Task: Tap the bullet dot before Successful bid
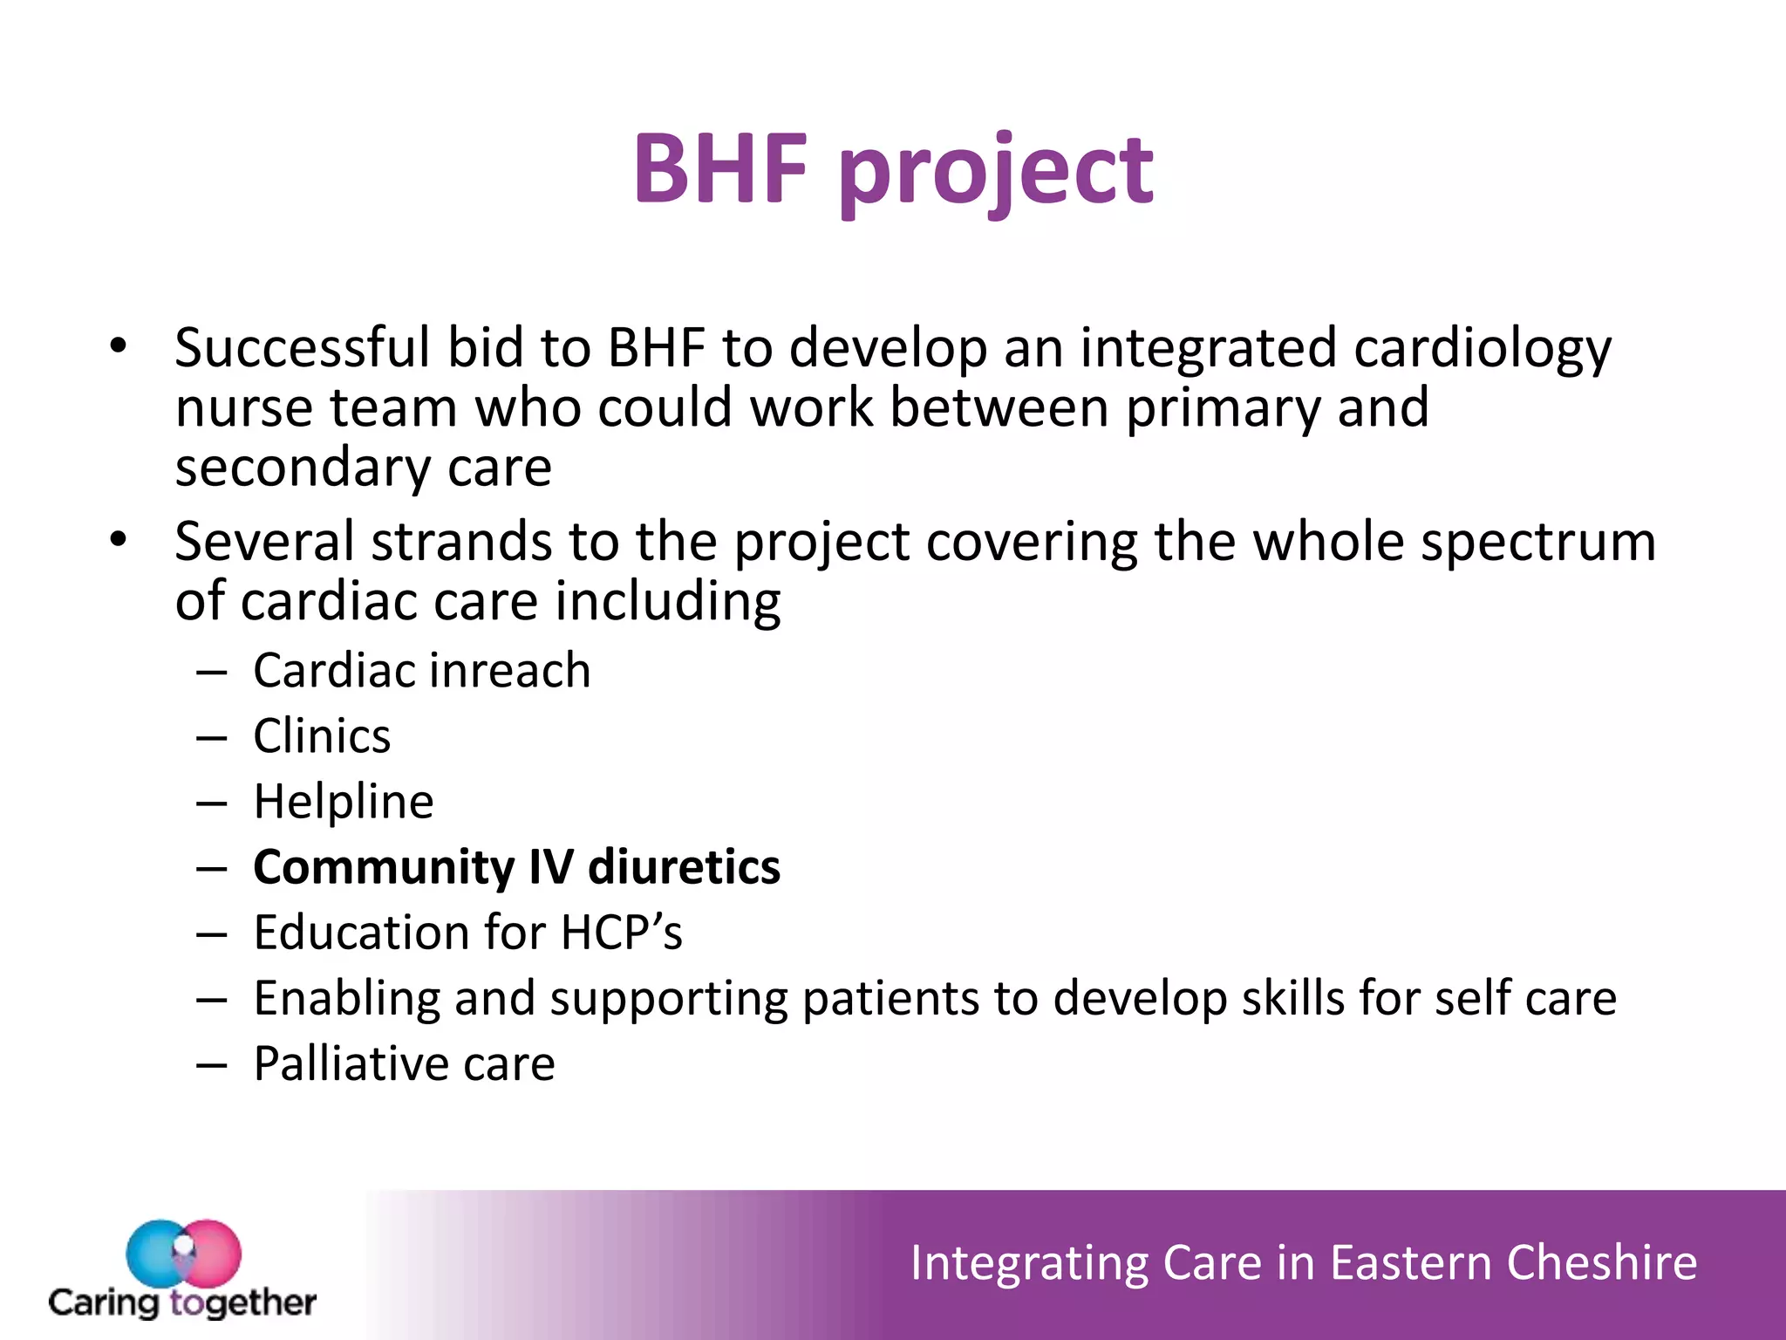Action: point(119,345)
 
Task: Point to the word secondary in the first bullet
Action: point(302,468)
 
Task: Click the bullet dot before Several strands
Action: point(119,539)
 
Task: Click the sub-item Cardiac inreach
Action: point(421,671)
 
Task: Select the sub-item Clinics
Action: point(322,736)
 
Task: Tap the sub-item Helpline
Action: point(343,802)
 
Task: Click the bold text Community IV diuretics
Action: point(516,867)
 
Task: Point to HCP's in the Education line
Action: point(621,933)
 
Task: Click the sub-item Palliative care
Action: point(404,1063)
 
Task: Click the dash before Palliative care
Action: point(212,1065)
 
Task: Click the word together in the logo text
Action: point(242,1303)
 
